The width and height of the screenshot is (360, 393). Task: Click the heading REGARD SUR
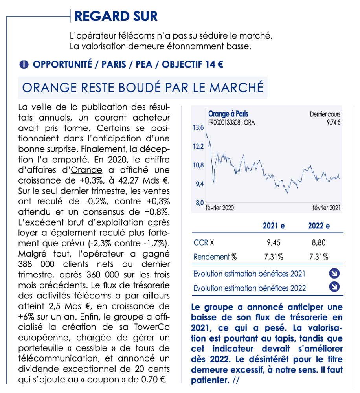coord(116,17)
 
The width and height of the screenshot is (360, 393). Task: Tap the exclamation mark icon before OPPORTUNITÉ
coord(24,65)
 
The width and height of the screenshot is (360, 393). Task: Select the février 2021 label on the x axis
coord(326,208)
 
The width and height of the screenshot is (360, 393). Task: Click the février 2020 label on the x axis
coord(220,208)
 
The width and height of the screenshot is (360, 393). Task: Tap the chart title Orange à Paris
coord(228,114)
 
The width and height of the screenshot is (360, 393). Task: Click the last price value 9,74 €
coord(333,122)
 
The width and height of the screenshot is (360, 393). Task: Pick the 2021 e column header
coord(274,226)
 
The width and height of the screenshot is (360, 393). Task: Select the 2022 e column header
coord(319,226)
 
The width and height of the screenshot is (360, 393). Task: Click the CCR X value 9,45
coord(274,242)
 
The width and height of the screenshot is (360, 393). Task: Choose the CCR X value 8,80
coord(319,242)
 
